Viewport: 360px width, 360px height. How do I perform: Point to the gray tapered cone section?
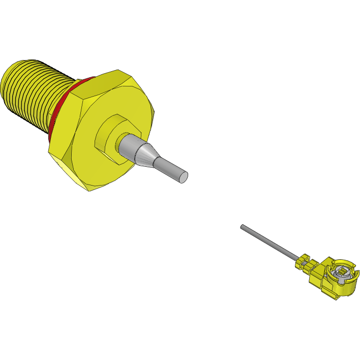145,155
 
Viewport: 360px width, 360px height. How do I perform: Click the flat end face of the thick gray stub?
183,177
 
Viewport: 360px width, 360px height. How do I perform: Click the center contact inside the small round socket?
341,272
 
